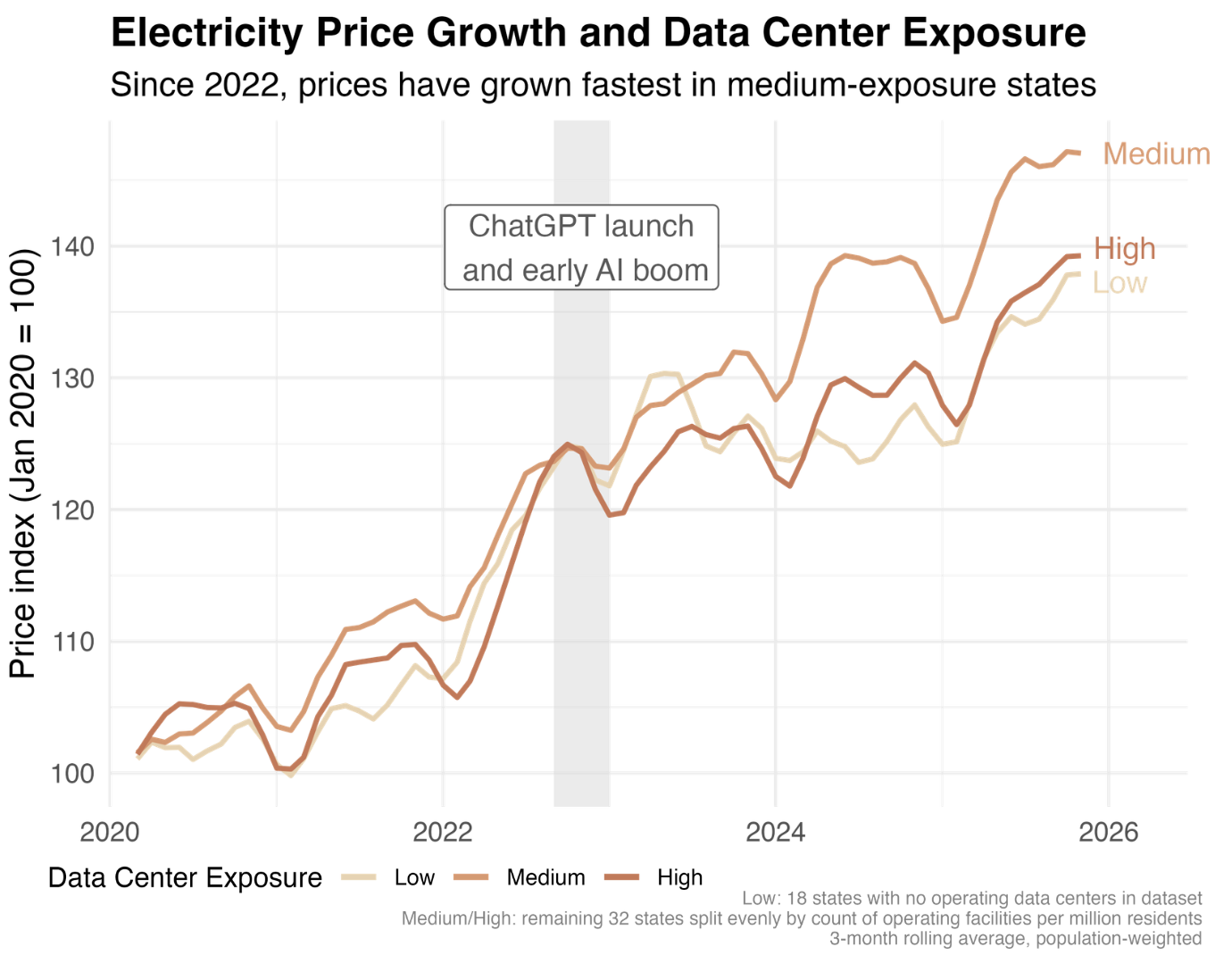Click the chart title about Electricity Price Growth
click(598, 34)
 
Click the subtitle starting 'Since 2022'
click(603, 86)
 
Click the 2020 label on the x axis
click(110, 833)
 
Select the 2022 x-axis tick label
click(443, 833)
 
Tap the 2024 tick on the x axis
click(775, 833)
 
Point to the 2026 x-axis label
click(1108, 833)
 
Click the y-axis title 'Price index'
click(23, 464)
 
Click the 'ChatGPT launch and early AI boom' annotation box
click(581, 248)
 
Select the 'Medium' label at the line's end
click(1156, 154)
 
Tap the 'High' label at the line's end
click(1124, 249)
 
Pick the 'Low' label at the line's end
click(1119, 284)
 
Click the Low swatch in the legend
click(360, 878)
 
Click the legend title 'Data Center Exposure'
click(185, 878)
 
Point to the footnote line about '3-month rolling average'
click(1015, 939)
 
